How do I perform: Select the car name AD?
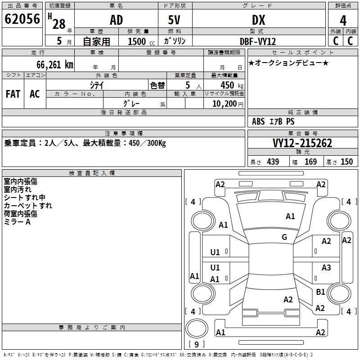coord(116,20)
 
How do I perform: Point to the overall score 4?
coord(343,20)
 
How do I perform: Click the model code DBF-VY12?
coord(258,41)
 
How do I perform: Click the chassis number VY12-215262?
coord(302,143)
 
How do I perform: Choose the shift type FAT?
coord(13,94)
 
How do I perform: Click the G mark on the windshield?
coord(284,237)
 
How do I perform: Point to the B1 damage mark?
coord(320,292)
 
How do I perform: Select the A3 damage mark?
coord(326,268)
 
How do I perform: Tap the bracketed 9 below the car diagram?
coord(197,344)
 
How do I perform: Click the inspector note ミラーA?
coord(17,222)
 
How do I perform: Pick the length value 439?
coord(273,162)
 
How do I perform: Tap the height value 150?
coord(346,162)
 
